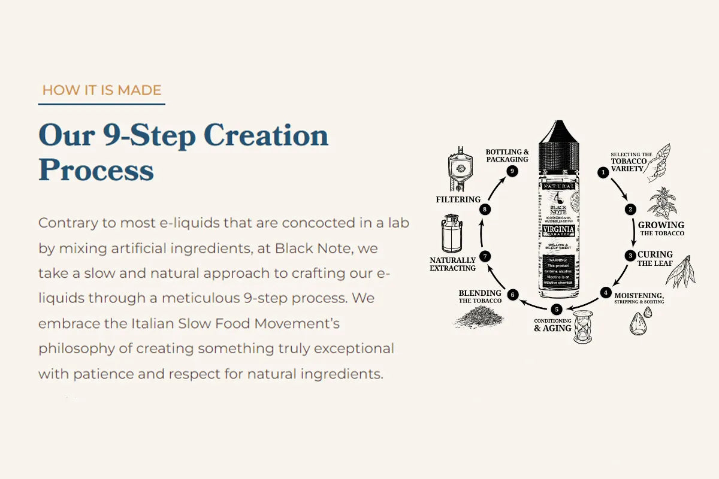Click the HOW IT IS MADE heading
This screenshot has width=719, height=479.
click(101, 90)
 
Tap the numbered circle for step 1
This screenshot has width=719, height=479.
click(603, 172)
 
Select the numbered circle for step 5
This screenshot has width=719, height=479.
click(557, 310)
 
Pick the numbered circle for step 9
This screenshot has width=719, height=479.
click(511, 171)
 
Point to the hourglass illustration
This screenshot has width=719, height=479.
click(581, 327)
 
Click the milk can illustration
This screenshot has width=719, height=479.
click(452, 233)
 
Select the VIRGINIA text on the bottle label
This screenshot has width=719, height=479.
click(558, 230)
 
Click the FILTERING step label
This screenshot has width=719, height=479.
click(458, 199)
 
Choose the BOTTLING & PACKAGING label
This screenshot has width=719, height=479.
click(507, 156)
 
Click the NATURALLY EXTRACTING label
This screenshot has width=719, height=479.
click(452, 264)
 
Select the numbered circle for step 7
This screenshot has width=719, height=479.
click(486, 256)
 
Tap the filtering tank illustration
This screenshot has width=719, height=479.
click(458, 169)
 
